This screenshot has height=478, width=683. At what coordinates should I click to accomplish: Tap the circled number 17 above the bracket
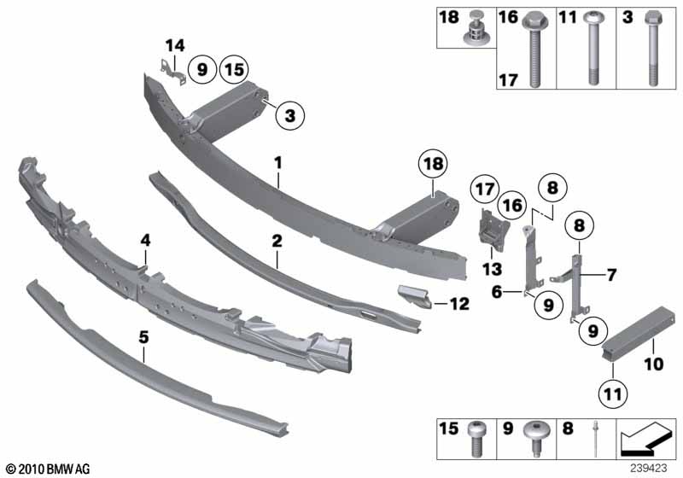click(x=485, y=188)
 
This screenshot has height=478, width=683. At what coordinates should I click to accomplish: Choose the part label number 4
click(x=145, y=242)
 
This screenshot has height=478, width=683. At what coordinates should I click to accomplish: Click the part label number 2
click(x=277, y=242)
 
